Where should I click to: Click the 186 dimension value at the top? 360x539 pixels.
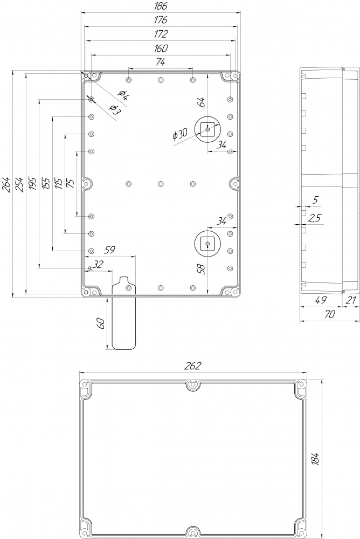(x=161, y=6)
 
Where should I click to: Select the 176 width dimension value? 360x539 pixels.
(x=161, y=20)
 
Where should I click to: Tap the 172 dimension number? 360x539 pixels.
(x=161, y=34)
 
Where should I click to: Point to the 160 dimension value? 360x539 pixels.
(x=161, y=48)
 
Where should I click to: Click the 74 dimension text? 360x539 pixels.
(x=161, y=62)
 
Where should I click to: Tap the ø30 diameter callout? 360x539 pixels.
(x=180, y=134)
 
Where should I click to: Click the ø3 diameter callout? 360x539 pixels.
(x=114, y=109)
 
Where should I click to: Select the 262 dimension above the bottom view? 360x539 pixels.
(x=192, y=366)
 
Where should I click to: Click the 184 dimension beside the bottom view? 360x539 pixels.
(x=316, y=459)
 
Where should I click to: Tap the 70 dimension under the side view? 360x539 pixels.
(x=329, y=314)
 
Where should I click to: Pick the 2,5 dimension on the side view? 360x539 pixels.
(x=315, y=218)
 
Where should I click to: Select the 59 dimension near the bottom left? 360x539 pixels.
(x=110, y=250)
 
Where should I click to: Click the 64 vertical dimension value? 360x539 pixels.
(x=202, y=102)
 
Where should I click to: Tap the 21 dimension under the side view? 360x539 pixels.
(x=350, y=300)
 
